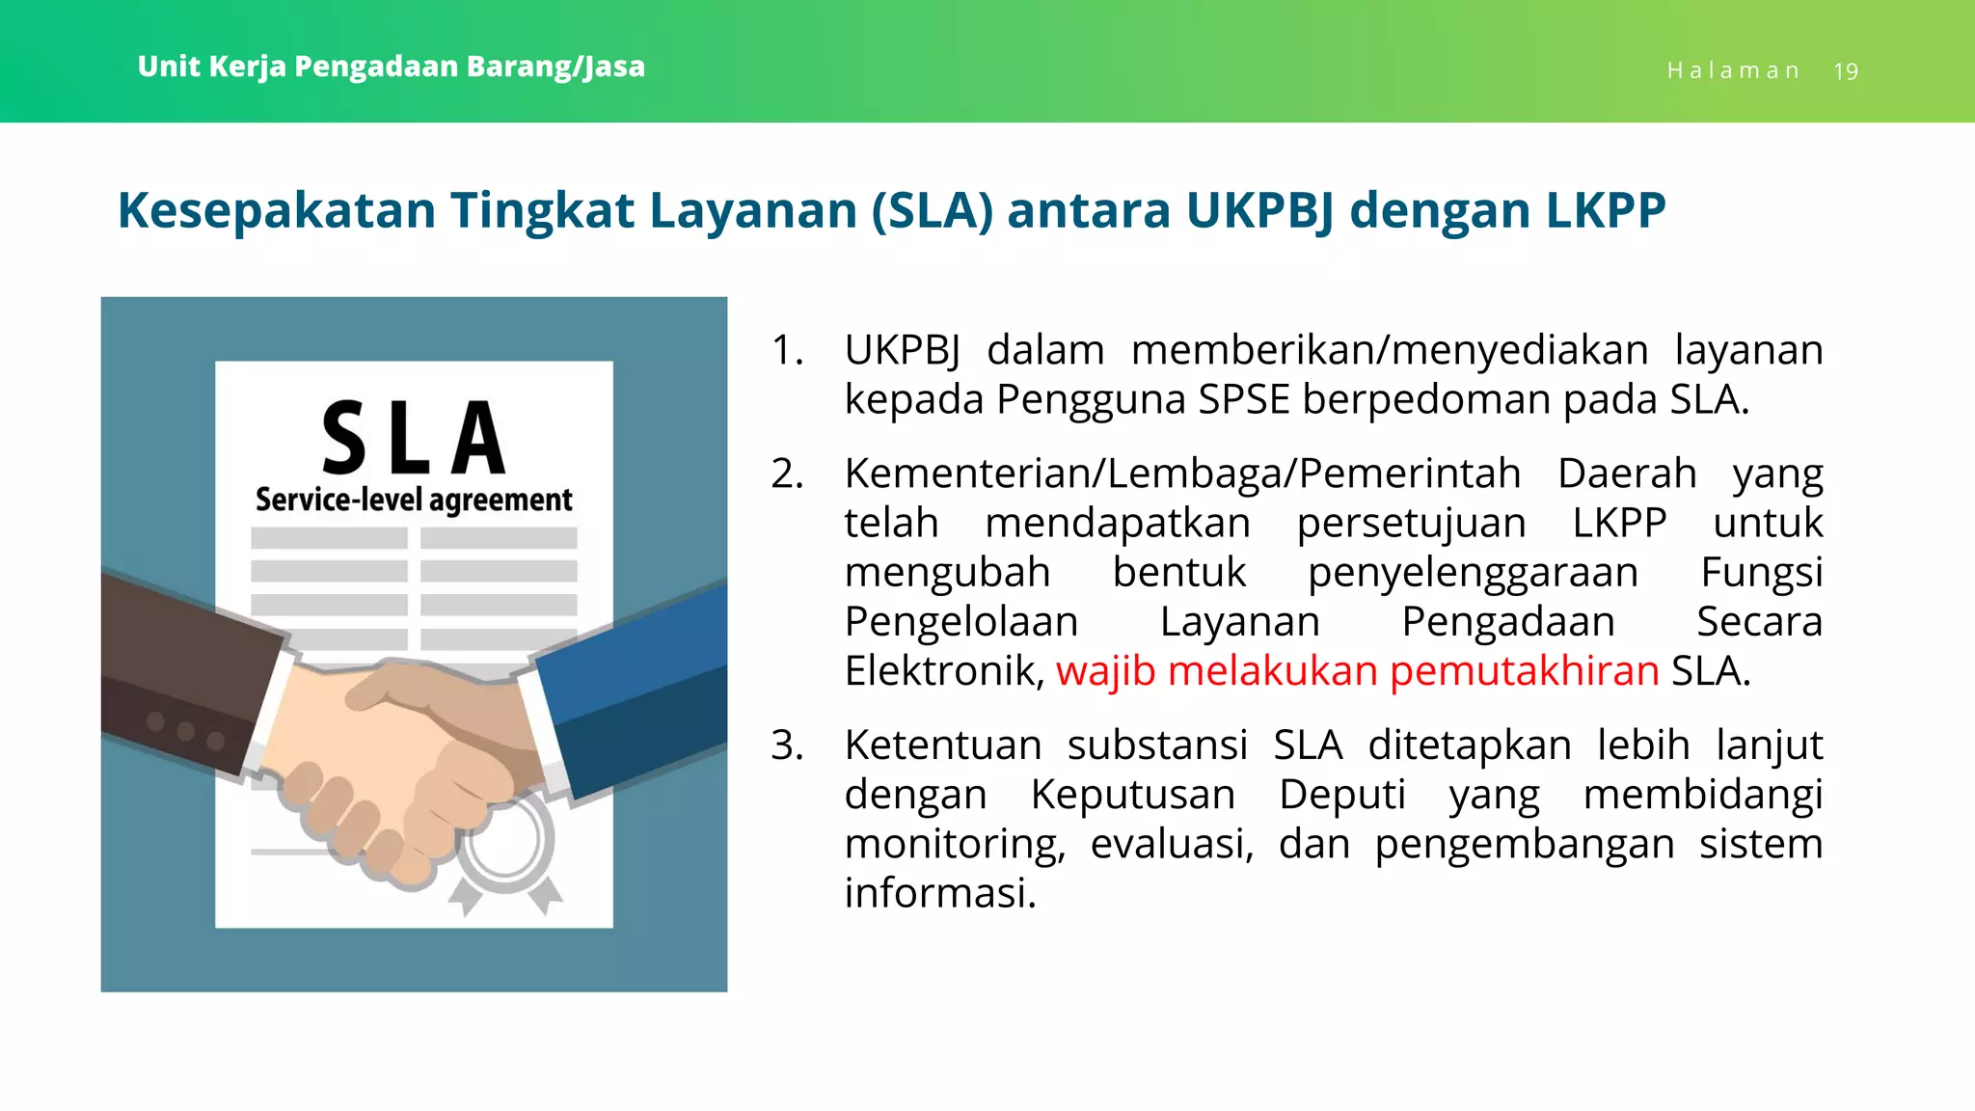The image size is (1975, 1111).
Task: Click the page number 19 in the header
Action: (1845, 71)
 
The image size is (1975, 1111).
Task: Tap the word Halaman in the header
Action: (1733, 71)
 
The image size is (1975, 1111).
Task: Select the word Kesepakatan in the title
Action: (276, 210)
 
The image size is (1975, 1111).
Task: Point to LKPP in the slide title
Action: (1606, 210)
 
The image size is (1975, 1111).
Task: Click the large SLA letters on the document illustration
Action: (414, 439)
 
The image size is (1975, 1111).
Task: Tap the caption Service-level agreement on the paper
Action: (414, 500)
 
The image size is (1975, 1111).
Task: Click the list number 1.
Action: (787, 350)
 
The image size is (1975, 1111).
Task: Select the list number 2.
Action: (787, 474)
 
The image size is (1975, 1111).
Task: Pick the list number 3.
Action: (787, 745)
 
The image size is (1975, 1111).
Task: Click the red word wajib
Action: (1105, 671)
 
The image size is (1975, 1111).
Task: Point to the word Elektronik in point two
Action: (943, 671)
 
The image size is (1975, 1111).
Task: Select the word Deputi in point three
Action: (1342, 795)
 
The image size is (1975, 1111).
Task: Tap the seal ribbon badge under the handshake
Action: (505, 849)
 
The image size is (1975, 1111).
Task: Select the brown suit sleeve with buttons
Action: (183, 675)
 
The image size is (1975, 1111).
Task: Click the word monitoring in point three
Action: (954, 845)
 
